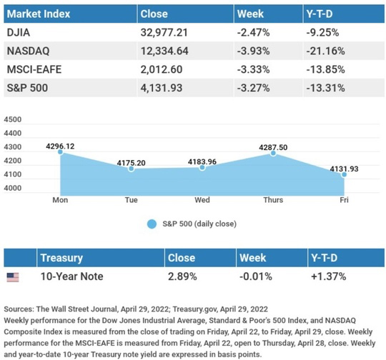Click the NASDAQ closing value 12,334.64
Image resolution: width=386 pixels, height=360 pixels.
164,51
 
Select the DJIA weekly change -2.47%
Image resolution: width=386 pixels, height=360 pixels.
253,32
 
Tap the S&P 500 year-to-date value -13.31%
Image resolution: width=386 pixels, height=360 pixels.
325,88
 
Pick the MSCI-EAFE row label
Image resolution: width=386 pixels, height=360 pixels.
34,69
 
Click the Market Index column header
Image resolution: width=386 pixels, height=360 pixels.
39,14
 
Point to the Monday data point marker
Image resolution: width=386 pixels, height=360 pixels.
60,152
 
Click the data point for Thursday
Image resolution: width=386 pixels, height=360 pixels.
273,154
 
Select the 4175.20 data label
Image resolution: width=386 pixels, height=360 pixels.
132,163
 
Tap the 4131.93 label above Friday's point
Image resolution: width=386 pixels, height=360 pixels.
344,169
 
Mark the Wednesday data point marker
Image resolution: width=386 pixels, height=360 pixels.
202,168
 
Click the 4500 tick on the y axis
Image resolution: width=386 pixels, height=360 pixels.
13,119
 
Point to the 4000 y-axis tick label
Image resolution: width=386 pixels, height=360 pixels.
13,188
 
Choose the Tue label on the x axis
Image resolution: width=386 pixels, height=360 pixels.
132,200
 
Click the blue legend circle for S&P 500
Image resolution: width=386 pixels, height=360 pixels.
152,224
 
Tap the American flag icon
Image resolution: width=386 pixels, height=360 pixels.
13,277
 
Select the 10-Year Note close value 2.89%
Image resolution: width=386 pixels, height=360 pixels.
182,276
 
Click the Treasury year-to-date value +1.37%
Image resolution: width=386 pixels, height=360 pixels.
328,276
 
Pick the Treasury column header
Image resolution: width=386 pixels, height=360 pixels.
61,258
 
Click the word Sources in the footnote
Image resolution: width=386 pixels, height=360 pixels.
19,309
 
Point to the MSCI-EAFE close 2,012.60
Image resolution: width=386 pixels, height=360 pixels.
162,69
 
